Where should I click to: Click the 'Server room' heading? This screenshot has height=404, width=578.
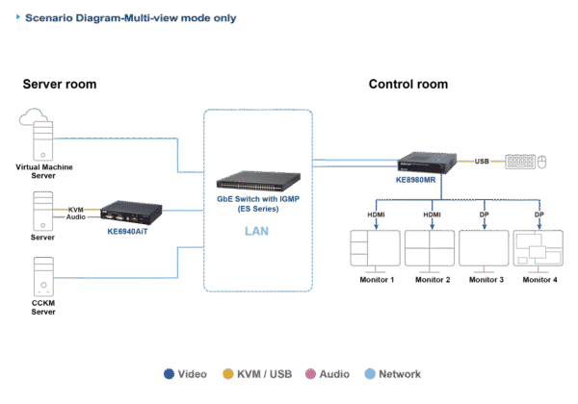point(59,85)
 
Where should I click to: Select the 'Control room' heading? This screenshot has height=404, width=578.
point(407,85)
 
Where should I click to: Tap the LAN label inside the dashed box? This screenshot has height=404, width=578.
point(257,232)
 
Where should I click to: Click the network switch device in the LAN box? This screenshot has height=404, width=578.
point(257,182)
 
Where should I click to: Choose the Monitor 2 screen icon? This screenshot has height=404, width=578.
point(431,249)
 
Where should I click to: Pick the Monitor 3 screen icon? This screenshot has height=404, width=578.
point(485,249)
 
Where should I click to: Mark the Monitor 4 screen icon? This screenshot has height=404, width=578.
point(539,249)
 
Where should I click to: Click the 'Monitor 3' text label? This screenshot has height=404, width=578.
point(485,280)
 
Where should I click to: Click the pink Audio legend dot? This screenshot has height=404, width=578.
point(310,373)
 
